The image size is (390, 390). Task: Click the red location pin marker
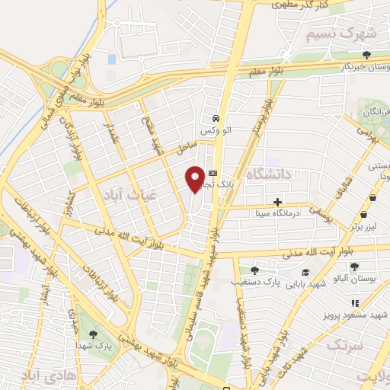[195, 177]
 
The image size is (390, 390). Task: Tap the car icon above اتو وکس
[217, 119]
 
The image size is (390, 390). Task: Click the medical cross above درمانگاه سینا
[278, 203]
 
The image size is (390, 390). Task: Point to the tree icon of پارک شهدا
[93, 333]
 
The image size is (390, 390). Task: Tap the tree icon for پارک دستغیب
[254, 270]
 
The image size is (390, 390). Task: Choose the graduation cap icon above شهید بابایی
[305, 272]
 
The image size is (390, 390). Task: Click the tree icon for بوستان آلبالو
[354, 267]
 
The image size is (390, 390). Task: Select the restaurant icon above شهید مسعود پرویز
[354, 302]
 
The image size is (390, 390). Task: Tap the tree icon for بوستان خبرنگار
[367, 55]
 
